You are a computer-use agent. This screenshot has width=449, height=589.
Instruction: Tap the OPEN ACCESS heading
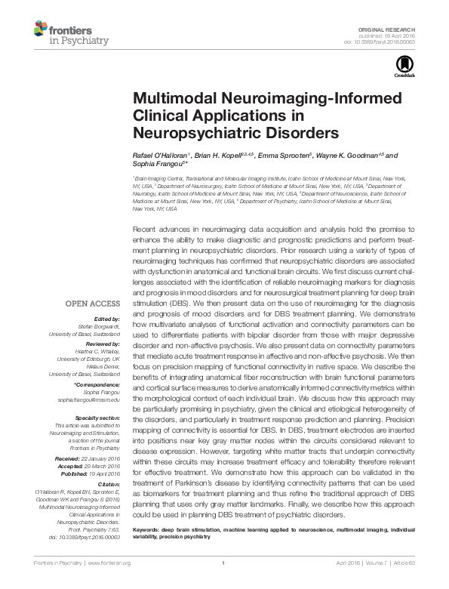[94, 303]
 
